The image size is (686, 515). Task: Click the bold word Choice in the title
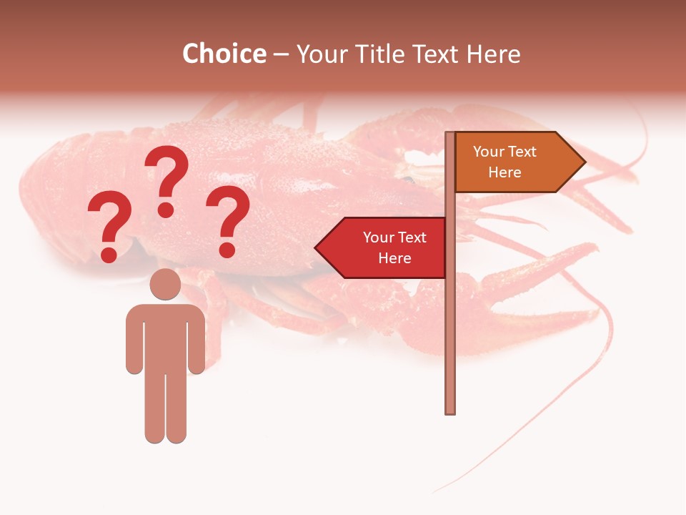224,54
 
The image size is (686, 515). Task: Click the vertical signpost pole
449,322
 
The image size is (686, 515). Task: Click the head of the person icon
165,284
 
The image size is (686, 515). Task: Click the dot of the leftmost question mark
109,255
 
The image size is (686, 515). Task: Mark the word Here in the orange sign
504,172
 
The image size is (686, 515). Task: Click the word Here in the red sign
394,258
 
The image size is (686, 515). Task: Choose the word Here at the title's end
494,54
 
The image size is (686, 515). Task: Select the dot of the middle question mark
166,209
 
